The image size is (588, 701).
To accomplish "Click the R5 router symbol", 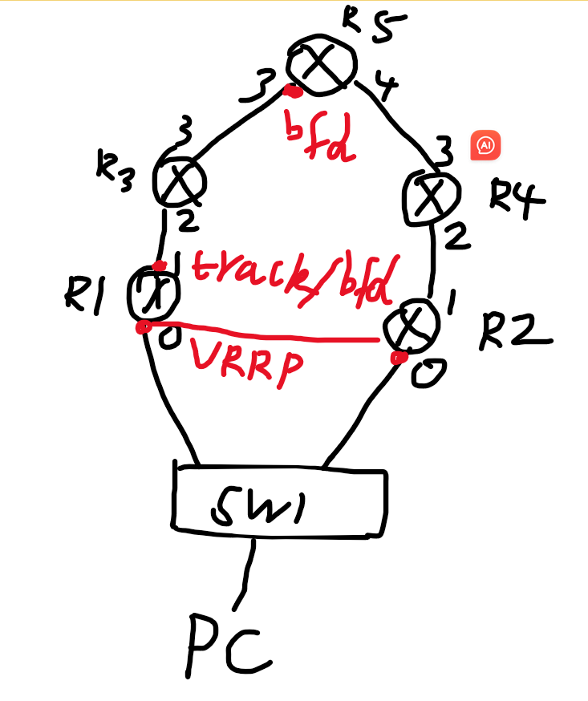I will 321,67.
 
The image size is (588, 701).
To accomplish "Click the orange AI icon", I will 485,145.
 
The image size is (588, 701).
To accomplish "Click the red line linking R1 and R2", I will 265,333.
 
